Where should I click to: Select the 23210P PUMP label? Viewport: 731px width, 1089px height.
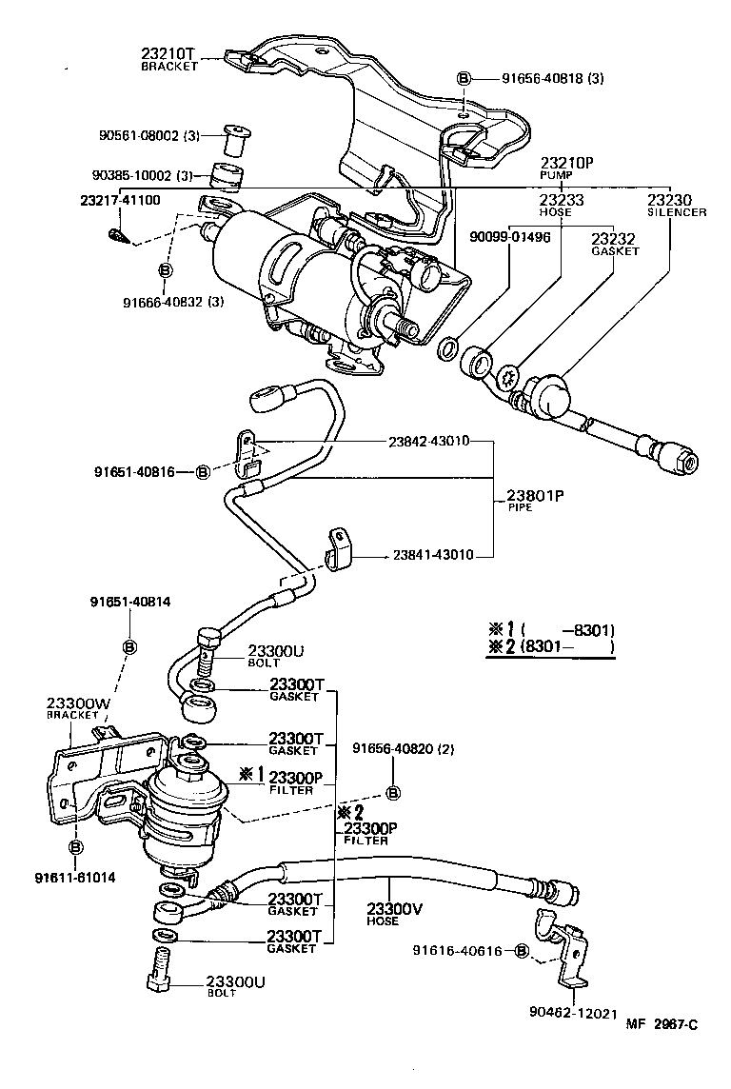point(566,168)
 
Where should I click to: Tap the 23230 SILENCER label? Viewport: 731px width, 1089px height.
point(676,205)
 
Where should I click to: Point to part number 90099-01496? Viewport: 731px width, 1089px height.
point(509,237)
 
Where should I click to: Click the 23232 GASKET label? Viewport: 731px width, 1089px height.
point(614,245)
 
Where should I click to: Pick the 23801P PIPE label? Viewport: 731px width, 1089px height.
point(535,500)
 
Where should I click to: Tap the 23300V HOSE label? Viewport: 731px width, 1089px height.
point(394,913)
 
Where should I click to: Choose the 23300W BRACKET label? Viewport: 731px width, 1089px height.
point(73,709)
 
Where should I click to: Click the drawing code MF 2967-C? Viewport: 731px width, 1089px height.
point(662,1051)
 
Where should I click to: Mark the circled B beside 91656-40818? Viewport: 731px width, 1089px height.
point(464,79)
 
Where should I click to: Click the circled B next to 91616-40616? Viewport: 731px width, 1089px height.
point(521,951)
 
